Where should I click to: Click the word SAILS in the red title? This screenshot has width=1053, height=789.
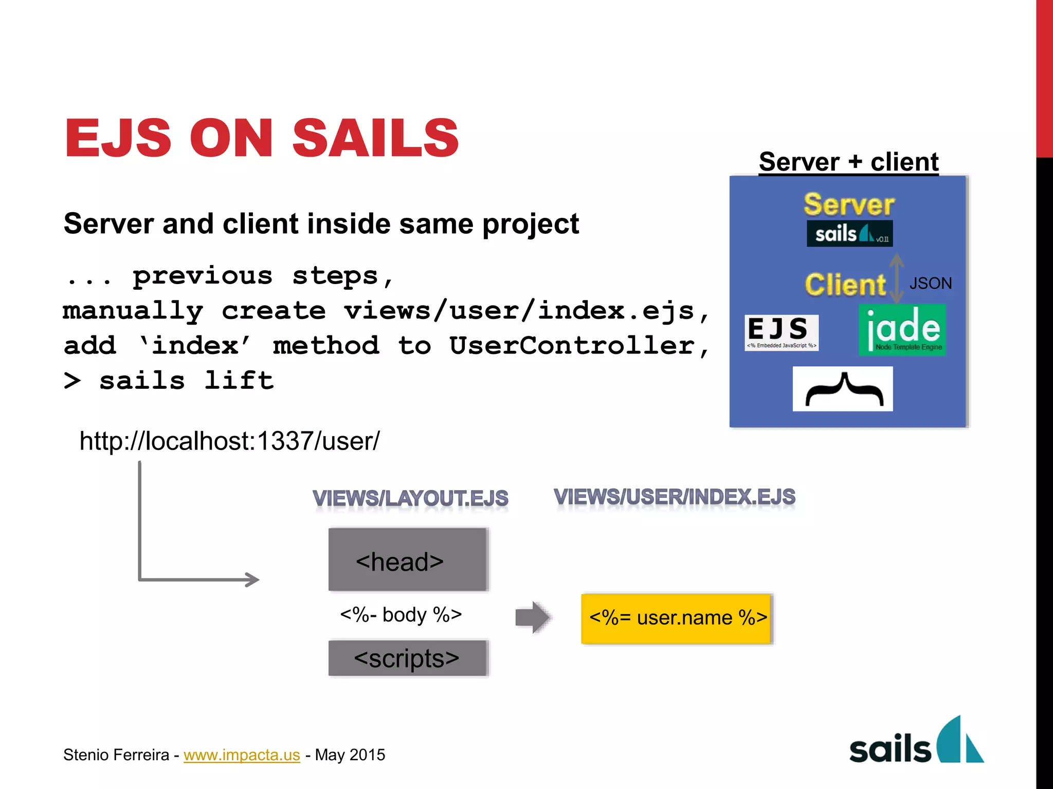(375, 138)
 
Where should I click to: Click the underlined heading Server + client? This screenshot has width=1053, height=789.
(848, 162)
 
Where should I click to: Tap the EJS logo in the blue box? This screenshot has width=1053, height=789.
(781, 332)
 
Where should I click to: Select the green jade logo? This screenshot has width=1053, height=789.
(902, 330)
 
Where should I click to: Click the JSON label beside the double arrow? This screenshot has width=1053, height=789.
(930, 284)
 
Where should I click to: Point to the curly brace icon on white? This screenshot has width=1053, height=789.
(842, 389)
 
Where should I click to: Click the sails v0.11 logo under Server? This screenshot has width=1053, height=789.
(849, 234)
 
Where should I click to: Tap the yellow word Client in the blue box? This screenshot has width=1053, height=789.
(845, 285)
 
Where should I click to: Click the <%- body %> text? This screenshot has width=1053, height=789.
(401, 615)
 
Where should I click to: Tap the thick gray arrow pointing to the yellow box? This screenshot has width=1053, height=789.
(532, 617)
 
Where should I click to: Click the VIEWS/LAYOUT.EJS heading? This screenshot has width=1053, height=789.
(410, 498)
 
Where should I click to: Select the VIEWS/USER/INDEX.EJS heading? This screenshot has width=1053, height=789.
(674, 497)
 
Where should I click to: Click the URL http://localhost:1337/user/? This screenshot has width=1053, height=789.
(229, 441)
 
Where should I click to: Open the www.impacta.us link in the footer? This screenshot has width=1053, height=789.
(242, 755)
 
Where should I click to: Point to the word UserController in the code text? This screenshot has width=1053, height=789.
(572, 346)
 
